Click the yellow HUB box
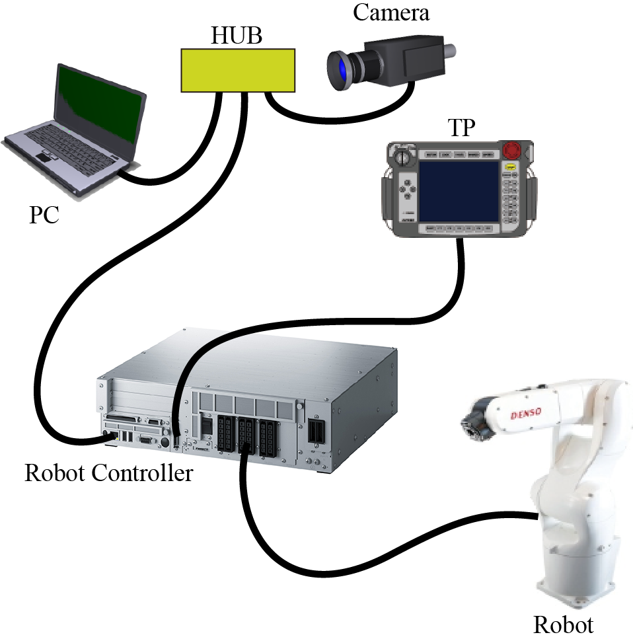(238, 70)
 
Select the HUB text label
(236, 36)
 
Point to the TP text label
(461, 128)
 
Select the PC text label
(44, 215)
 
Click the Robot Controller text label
(108, 473)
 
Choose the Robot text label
(563, 624)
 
